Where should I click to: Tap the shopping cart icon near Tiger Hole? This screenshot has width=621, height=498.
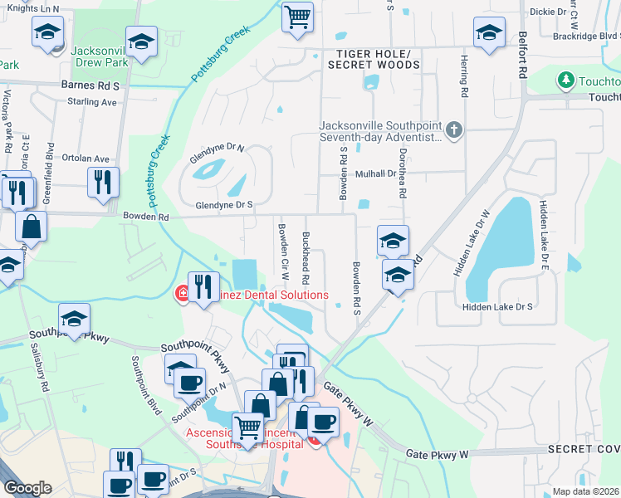click(x=297, y=17)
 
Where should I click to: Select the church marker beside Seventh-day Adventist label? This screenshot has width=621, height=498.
click(x=453, y=130)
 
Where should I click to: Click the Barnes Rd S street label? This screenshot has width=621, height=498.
click(x=91, y=85)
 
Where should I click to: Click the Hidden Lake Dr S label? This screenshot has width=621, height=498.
click(x=497, y=307)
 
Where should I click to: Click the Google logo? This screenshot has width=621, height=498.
click(x=27, y=488)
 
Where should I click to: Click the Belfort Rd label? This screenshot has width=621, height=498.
click(x=522, y=55)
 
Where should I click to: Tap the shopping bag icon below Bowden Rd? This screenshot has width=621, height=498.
click(x=31, y=227)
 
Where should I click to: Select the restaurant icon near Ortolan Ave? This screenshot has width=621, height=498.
click(x=103, y=183)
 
